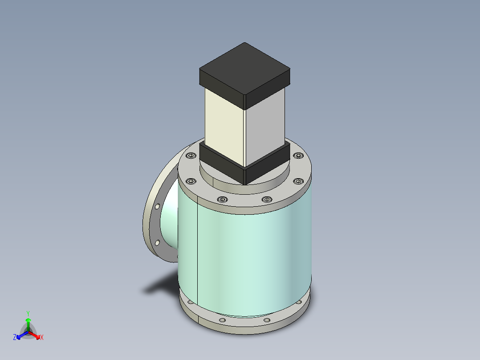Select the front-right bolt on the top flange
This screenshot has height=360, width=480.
tap(266, 199)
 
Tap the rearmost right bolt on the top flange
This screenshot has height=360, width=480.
tap(297, 155)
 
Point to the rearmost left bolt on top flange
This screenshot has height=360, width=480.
tap(191, 155)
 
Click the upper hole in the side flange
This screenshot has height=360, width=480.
tap(158, 207)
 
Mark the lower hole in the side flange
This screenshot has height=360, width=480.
tap(157, 243)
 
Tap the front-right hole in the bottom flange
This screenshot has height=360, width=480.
tap(266, 320)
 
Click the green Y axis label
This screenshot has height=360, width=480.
tap(28, 313)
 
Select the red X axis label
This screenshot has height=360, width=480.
tap(42, 338)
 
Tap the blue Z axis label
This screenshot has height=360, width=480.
tap(15, 338)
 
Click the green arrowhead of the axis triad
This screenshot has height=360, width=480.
tap(28, 320)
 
